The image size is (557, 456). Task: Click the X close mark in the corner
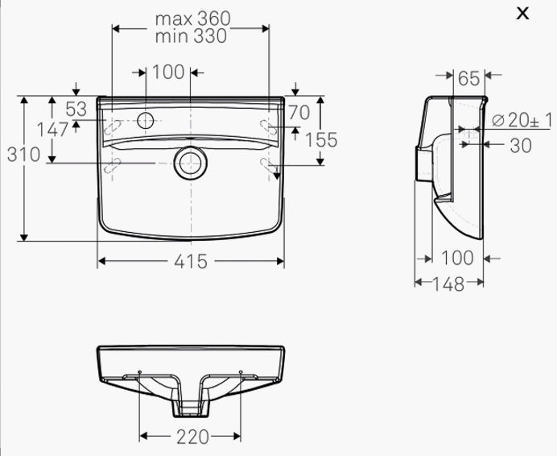[522, 14]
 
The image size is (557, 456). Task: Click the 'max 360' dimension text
[193, 19]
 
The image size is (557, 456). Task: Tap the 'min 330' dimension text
[191, 36]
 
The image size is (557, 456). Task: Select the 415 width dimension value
[191, 262]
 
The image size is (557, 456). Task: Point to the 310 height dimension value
[23, 155]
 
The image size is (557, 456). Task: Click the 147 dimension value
[52, 130]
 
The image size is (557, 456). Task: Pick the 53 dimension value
[76, 110]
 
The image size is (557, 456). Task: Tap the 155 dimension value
[321, 140]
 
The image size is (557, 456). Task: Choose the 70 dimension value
[299, 113]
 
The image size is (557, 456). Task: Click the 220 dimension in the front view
[192, 437]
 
